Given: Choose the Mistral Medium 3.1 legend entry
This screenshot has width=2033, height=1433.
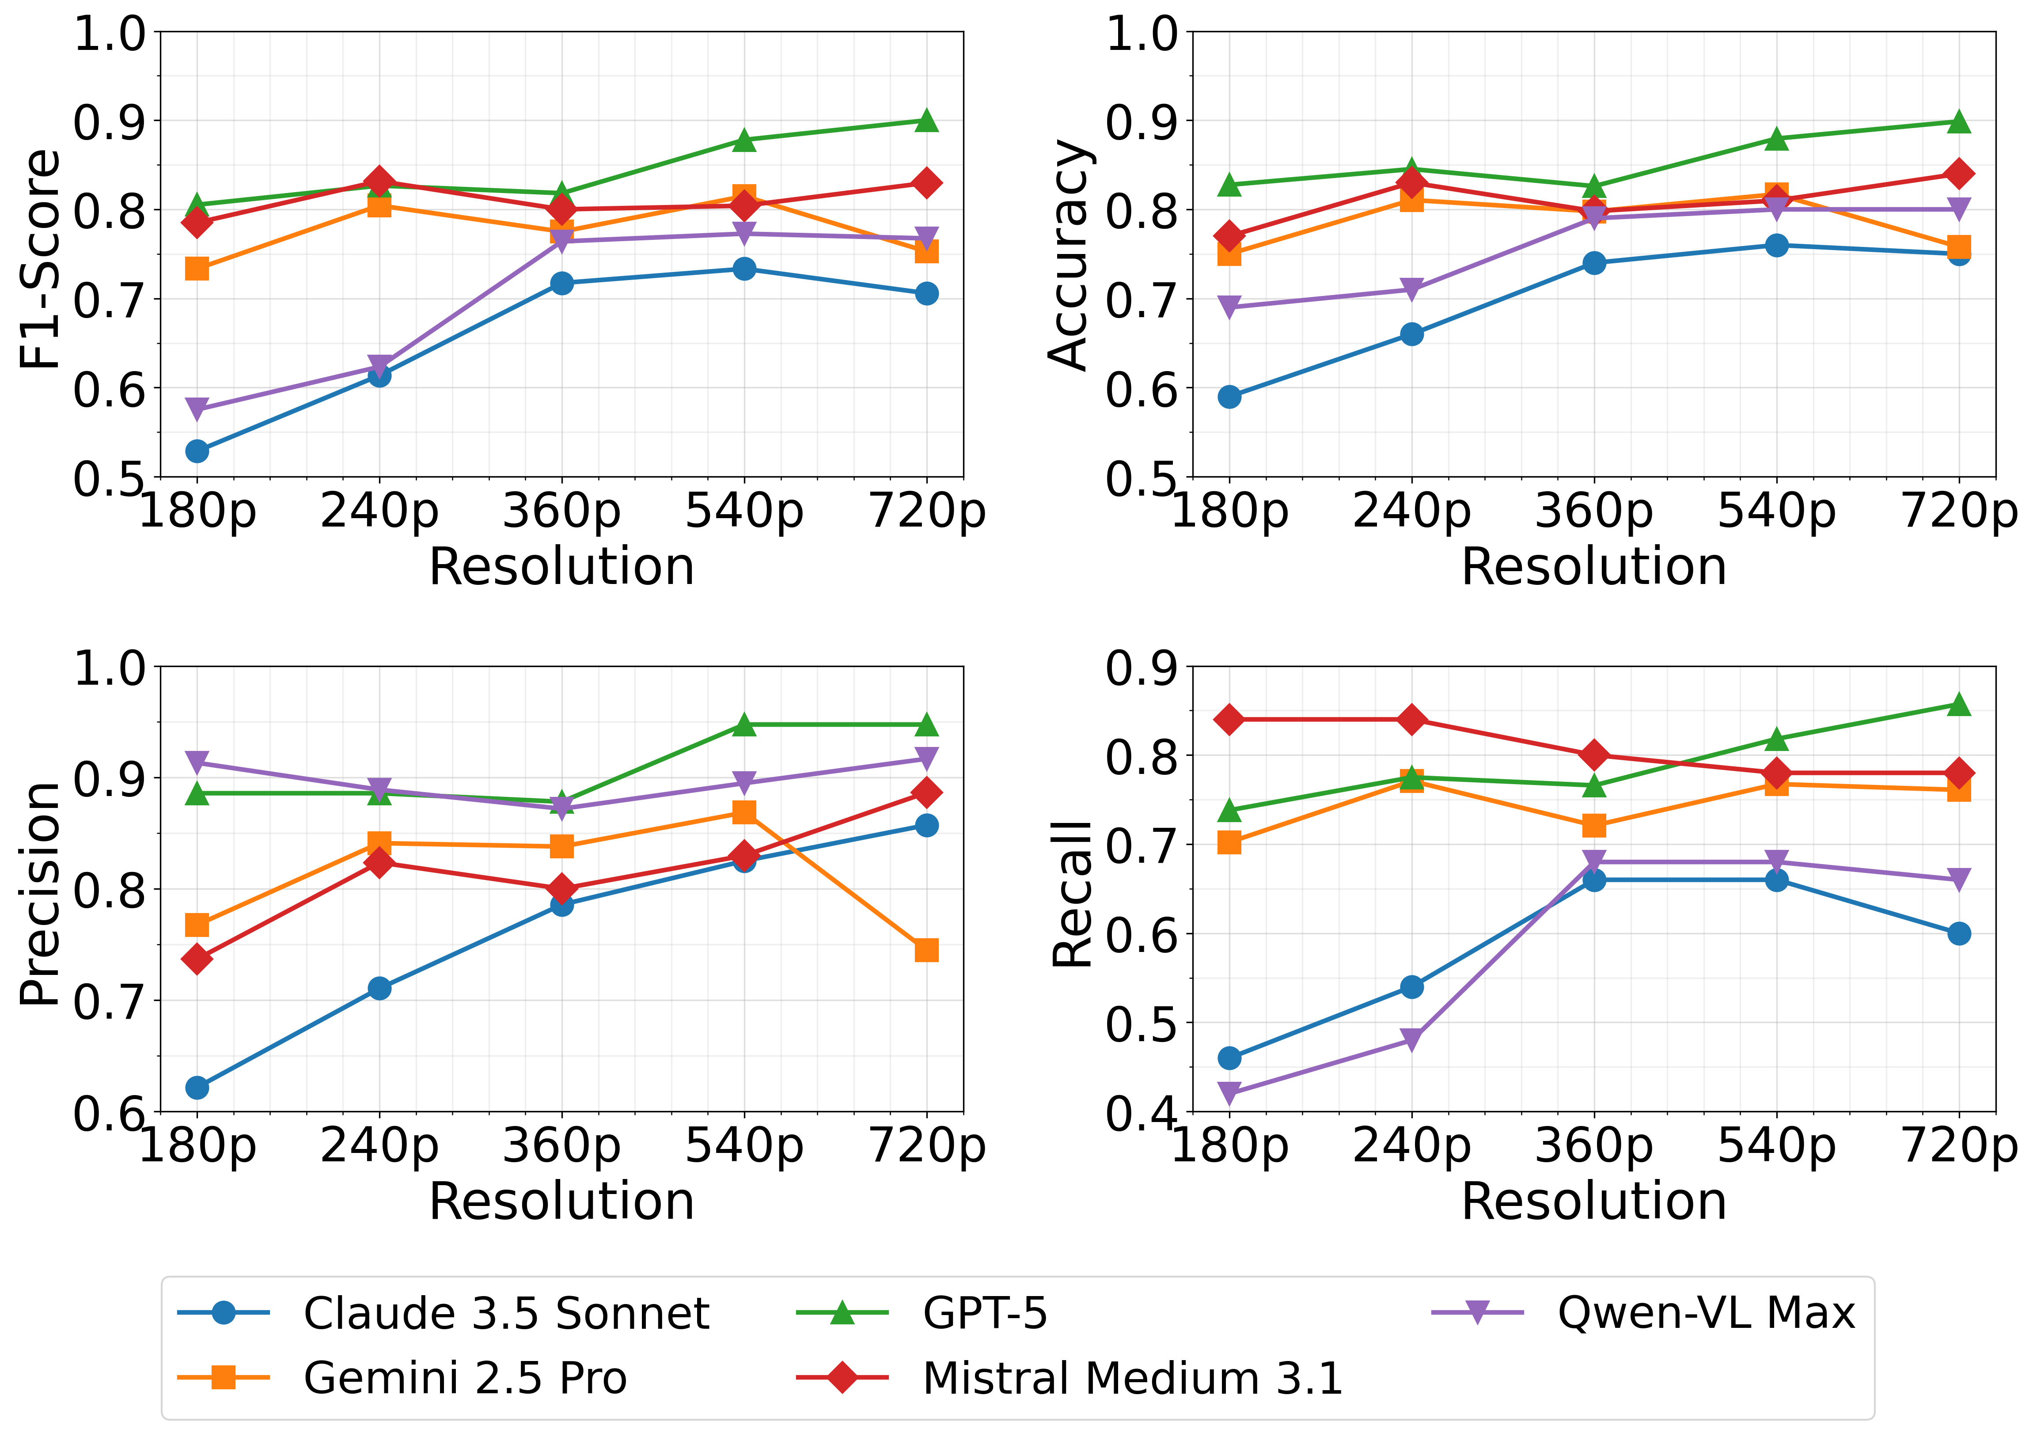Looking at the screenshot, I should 1132,1378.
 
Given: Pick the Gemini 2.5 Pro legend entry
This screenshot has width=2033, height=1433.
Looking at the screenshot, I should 465,1378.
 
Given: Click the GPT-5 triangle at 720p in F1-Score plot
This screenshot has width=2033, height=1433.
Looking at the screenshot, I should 926,121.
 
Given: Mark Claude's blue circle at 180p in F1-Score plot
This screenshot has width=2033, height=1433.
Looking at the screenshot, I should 197,451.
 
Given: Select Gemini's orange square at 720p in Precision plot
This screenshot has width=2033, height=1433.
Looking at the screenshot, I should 926,950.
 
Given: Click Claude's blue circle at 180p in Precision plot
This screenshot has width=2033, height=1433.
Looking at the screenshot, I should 197,1087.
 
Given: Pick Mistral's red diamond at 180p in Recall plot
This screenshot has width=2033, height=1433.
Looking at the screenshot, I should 1229,719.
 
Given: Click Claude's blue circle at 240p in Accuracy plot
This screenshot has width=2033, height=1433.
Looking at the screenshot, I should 1411,334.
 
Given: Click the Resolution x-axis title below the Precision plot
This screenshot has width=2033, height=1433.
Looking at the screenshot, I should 561,1202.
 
